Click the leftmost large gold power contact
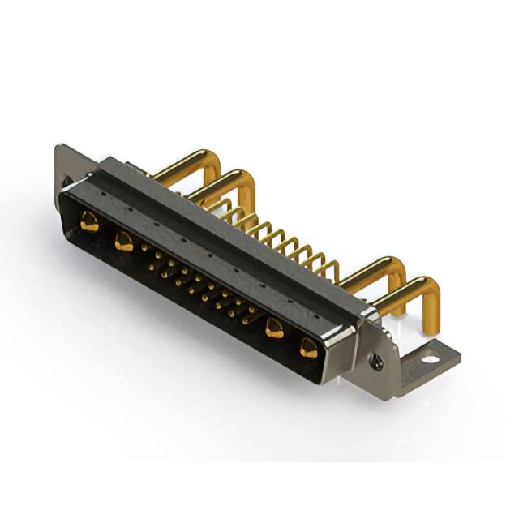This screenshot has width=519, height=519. (x=89, y=221)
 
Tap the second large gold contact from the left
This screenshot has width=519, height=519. (x=123, y=241)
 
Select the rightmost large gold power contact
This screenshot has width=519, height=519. (x=309, y=349)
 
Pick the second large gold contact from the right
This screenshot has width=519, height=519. (x=275, y=328)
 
